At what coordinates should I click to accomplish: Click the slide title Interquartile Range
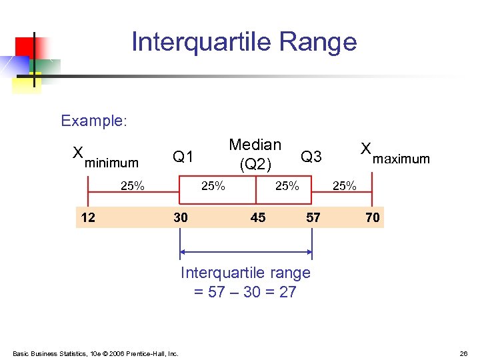[x=244, y=42]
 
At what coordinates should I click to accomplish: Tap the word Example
[x=93, y=121]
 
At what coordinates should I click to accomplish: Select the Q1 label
[x=183, y=157]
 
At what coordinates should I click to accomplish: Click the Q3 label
[x=311, y=157]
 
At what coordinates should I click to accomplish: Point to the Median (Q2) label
[x=255, y=154]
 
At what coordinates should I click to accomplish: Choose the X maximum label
[x=395, y=155]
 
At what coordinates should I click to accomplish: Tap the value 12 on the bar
[x=87, y=217]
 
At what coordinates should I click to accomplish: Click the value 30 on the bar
[x=180, y=217]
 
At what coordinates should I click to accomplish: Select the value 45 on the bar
[x=257, y=217]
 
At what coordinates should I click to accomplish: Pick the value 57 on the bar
[x=313, y=217]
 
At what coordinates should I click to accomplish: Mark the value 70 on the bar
[x=372, y=217]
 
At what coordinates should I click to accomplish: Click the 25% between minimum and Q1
[x=132, y=186]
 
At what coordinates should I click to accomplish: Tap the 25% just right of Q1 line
[x=213, y=186]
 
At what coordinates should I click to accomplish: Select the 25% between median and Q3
[x=287, y=186]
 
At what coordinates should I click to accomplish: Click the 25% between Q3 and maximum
[x=344, y=186]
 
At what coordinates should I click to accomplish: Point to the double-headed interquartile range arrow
[x=246, y=252]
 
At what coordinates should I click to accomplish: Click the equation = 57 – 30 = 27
[x=245, y=292]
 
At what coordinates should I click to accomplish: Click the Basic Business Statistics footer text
[x=95, y=353]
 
